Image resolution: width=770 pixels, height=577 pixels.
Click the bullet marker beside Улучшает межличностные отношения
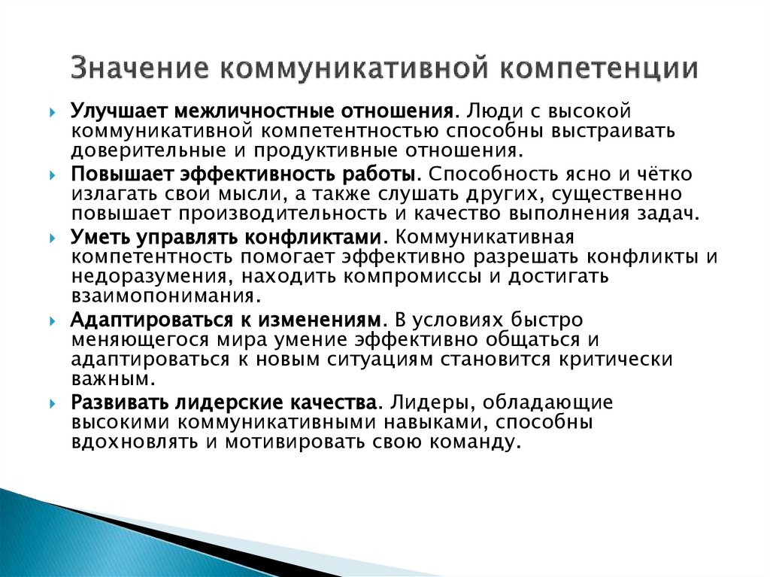coord(53,112)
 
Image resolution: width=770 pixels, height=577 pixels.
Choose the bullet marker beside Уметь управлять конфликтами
coord(53,238)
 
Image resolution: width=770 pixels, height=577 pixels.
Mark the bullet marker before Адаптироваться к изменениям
coord(53,320)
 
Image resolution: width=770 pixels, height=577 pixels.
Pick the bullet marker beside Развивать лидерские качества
coord(53,402)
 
